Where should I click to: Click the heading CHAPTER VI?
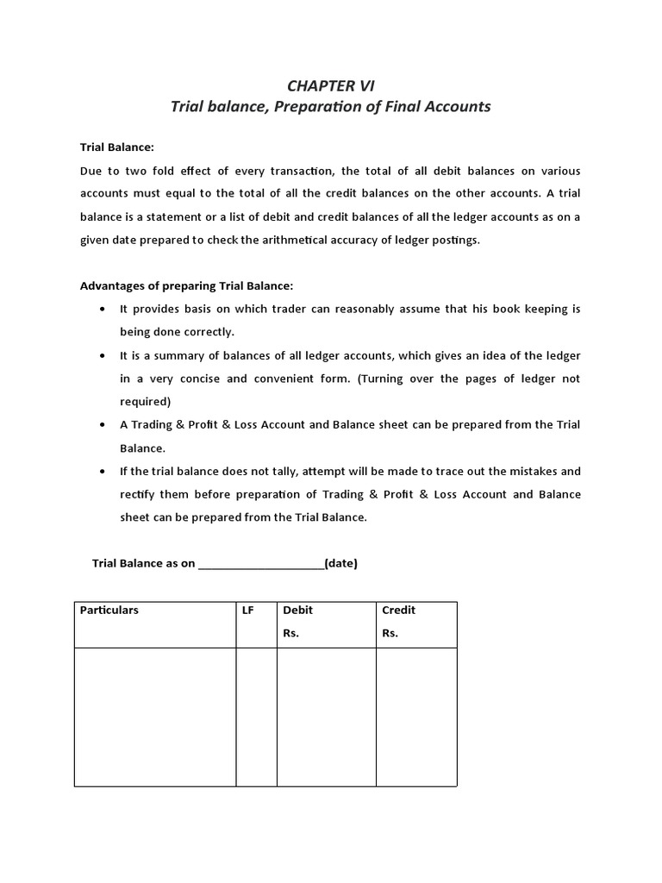click(x=330, y=85)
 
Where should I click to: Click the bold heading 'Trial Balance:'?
click(x=116, y=147)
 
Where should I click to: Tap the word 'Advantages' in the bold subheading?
click(x=114, y=286)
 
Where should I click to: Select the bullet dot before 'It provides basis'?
click(x=103, y=310)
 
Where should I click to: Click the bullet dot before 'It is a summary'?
click(x=103, y=356)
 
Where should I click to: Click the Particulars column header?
click(x=109, y=610)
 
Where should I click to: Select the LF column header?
click(x=248, y=610)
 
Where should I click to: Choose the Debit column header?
click(x=298, y=610)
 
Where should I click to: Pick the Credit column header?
click(x=399, y=610)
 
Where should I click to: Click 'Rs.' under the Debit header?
click(x=290, y=633)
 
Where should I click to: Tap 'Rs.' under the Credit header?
click(x=390, y=633)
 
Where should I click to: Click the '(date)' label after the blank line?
click(x=341, y=564)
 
